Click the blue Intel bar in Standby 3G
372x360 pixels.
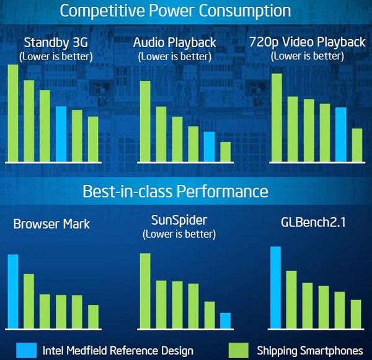pyautogui.click(x=61, y=134)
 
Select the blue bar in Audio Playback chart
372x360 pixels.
pyautogui.click(x=210, y=146)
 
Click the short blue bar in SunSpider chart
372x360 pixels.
pyautogui.click(x=226, y=320)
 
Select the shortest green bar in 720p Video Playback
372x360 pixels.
pyautogui.click(x=356, y=145)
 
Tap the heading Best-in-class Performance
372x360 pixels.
pyautogui.click(x=175, y=191)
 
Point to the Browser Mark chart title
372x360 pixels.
pyautogui.click(x=51, y=223)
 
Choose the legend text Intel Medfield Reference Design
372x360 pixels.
pyautogui.click(x=118, y=350)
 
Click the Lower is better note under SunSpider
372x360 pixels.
pyautogui.click(x=179, y=234)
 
